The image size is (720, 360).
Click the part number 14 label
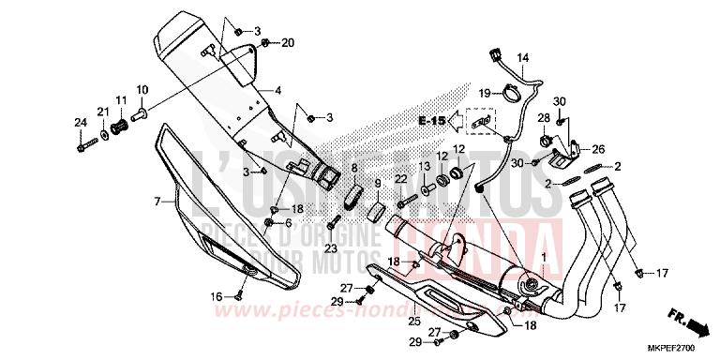point(523,57)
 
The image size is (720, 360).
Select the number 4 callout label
point(277,91)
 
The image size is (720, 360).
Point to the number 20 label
point(288,43)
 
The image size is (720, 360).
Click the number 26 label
point(598,148)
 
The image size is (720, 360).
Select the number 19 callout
point(485,93)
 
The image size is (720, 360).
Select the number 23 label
point(330,248)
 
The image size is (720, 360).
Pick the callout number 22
point(399,178)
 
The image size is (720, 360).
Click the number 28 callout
point(542,118)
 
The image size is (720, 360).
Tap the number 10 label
point(142,90)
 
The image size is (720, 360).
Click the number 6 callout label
point(289,222)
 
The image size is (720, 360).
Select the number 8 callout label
point(354,168)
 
